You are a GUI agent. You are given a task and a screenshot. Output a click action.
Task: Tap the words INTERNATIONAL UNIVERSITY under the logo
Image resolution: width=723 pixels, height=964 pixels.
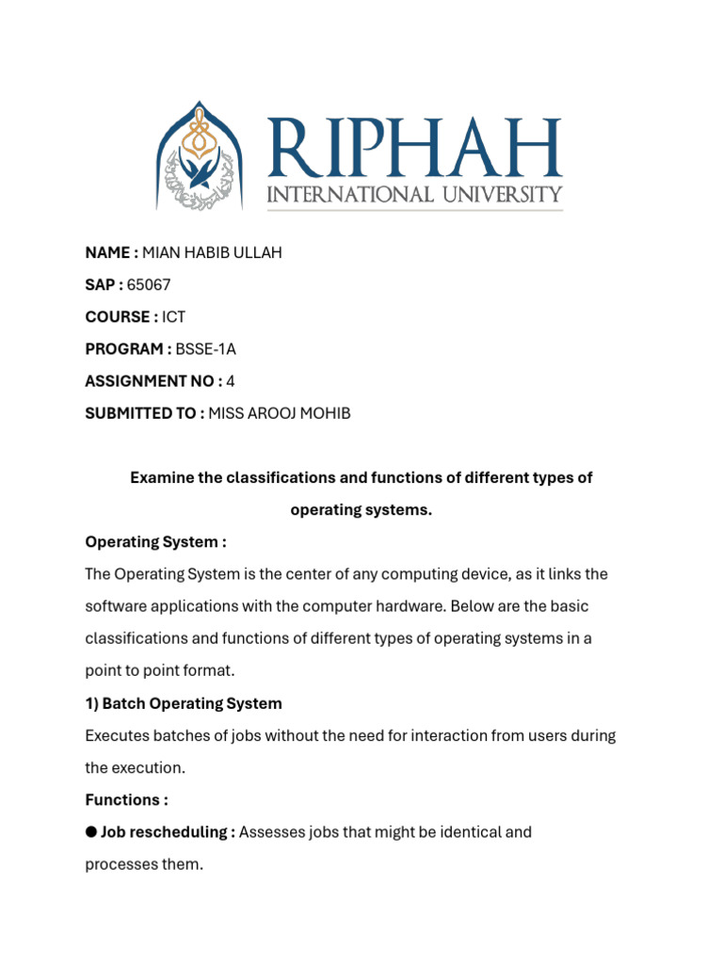pyautogui.click(x=414, y=195)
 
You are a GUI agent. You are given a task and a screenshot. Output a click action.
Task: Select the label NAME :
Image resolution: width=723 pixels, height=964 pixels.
pyautogui.click(x=112, y=252)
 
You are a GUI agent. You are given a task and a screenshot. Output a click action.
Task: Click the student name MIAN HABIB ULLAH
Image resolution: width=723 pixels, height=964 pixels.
pyautogui.click(x=212, y=252)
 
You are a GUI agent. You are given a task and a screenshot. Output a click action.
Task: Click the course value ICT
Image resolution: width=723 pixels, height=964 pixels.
pyautogui.click(x=173, y=316)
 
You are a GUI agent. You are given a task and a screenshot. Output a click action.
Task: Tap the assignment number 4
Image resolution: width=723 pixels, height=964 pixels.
pyautogui.click(x=231, y=380)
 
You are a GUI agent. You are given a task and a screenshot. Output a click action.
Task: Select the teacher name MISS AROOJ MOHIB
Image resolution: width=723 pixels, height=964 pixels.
pyautogui.click(x=280, y=413)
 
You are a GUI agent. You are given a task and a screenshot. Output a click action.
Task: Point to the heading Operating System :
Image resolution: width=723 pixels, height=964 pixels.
pyautogui.click(x=155, y=542)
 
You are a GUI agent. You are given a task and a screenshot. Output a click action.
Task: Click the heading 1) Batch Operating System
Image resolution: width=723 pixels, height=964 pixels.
pyautogui.click(x=184, y=703)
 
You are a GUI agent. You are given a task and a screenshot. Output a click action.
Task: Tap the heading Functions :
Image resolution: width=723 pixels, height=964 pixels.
pyautogui.click(x=126, y=799)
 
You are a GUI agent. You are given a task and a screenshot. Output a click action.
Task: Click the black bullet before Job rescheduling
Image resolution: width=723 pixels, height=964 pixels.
pyautogui.click(x=91, y=832)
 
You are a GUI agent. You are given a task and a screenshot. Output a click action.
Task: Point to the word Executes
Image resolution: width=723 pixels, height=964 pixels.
pyautogui.click(x=118, y=735)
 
